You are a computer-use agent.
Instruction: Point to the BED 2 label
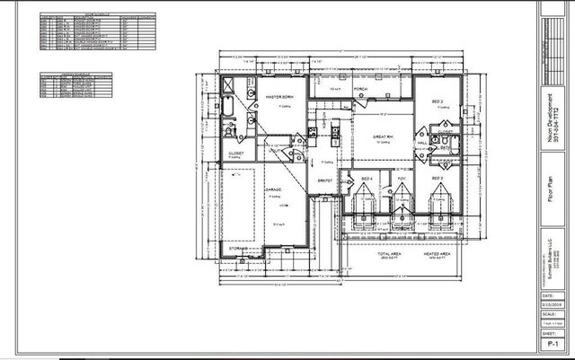click(x=438, y=101)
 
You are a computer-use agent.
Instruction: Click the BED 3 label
click(x=437, y=179)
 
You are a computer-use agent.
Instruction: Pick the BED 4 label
click(x=367, y=180)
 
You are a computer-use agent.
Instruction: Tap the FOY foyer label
click(x=401, y=180)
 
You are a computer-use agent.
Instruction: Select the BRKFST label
click(x=325, y=180)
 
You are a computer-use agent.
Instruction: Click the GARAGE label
click(x=272, y=190)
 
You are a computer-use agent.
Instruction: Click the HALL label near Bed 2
click(x=421, y=142)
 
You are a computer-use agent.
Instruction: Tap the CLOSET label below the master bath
click(x=235, y=154)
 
